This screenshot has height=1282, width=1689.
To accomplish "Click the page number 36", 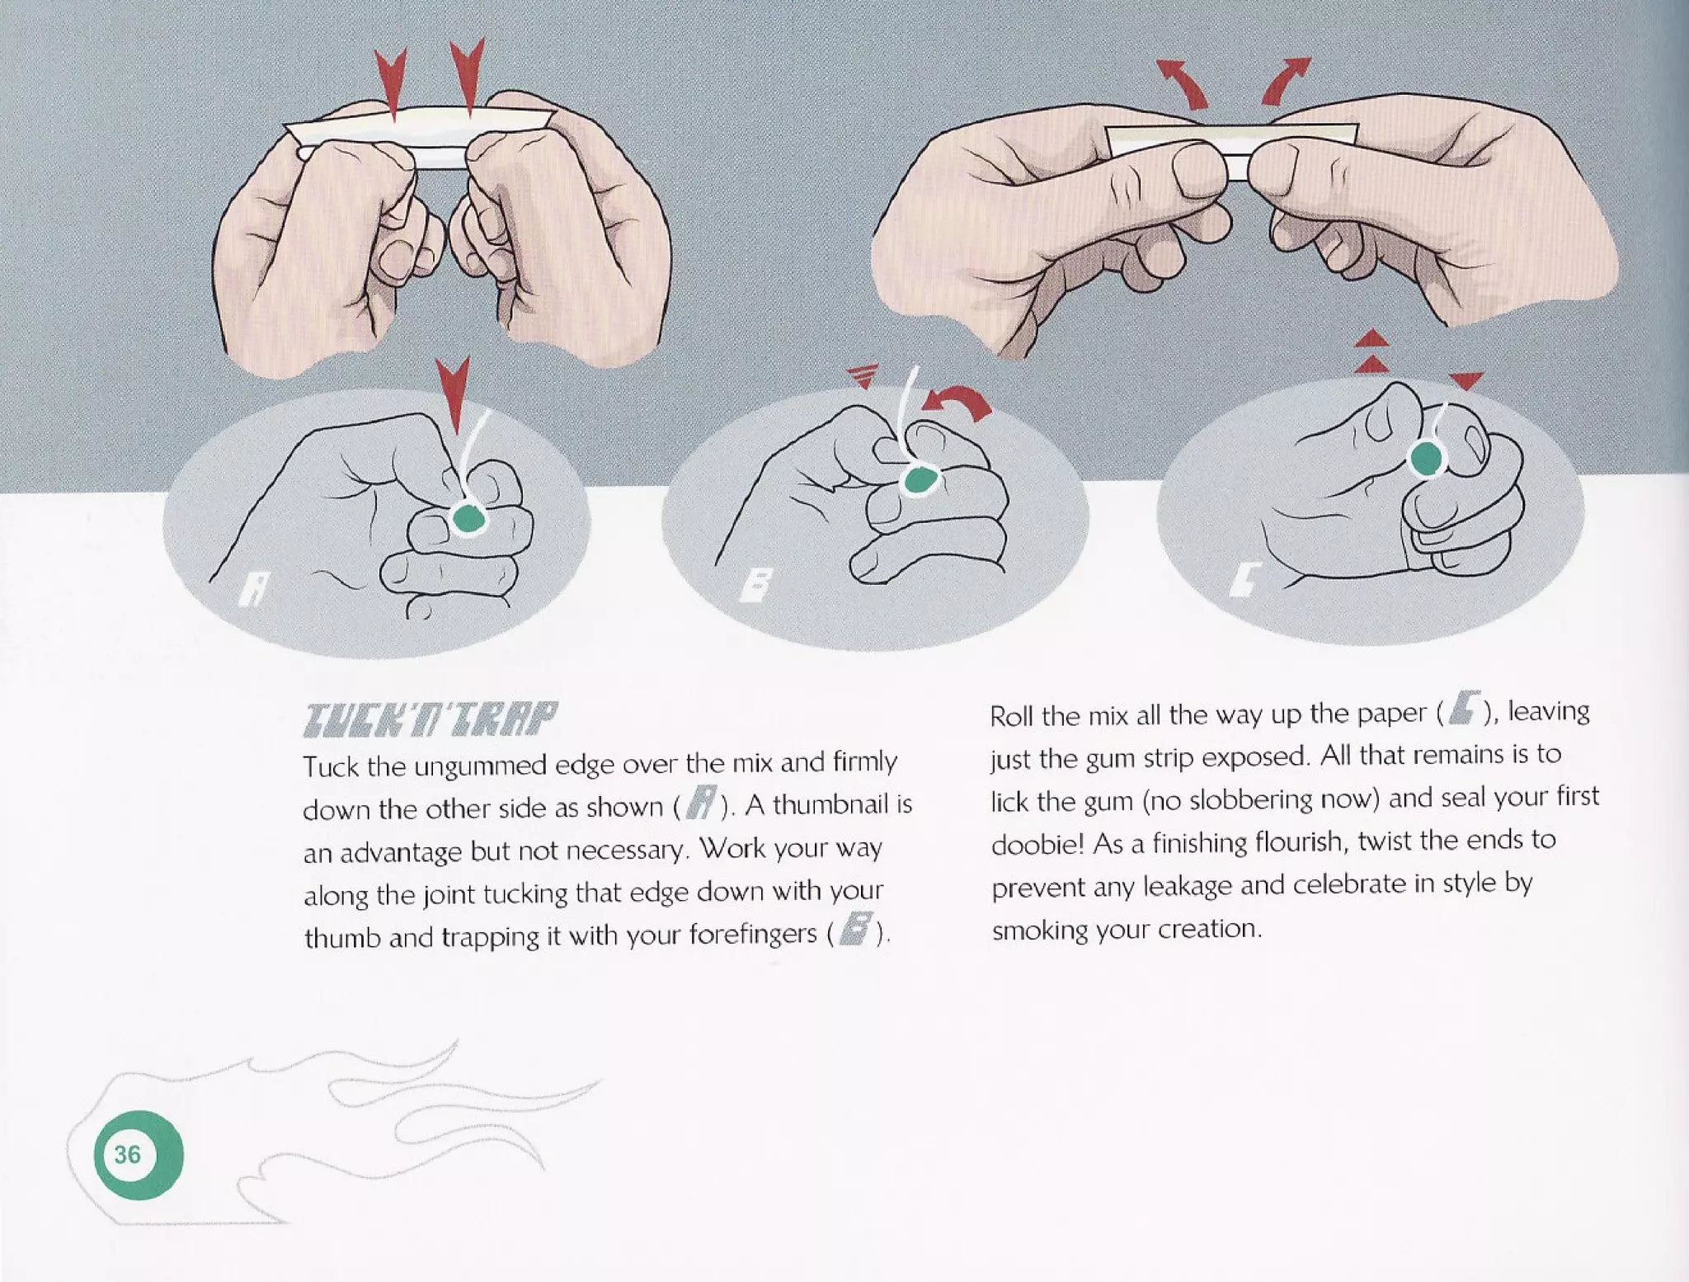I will click(127, 1154).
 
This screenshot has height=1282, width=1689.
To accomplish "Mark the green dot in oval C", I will click(1425, 459).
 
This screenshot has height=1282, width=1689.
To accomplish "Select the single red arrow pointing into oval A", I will click(453, 394).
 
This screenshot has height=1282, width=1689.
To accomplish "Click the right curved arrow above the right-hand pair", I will click(1285, 83).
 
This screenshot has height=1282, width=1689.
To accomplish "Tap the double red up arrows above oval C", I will click(1371, 351).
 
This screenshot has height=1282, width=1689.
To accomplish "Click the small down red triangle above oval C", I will click(1466, 380).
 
